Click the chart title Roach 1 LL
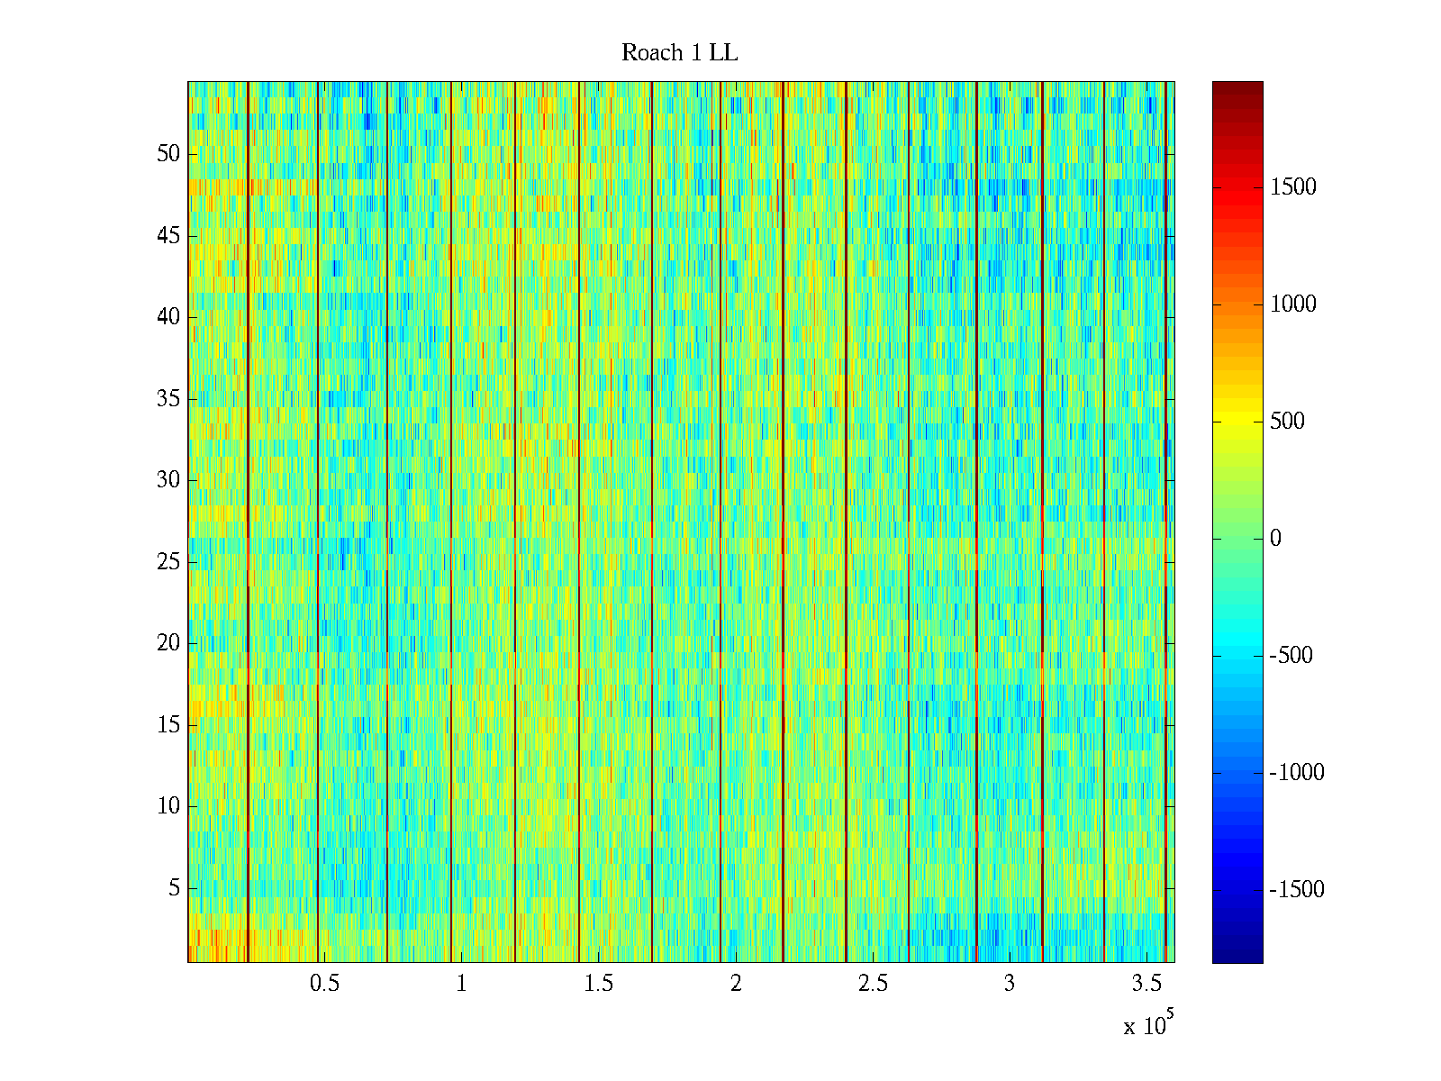click(679, 53)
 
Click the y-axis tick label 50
click(168, 154)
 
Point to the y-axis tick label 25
click(168, 562)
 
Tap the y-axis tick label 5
click(174, 888)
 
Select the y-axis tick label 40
click(168, 317)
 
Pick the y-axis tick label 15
click(168, 725)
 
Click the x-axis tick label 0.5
click(324, 984)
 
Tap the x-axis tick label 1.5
click(599, 984)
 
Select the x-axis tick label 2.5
click(873, 984)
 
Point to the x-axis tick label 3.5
click(1146, 984)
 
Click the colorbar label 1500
click(1292, 187)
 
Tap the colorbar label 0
click(1275, 539)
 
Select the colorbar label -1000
click(1296, 773)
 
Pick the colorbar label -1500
click(1296, 890)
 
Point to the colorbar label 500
click(1287, 422)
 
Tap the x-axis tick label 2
click(736, 984)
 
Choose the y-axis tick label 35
click(168, 399)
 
